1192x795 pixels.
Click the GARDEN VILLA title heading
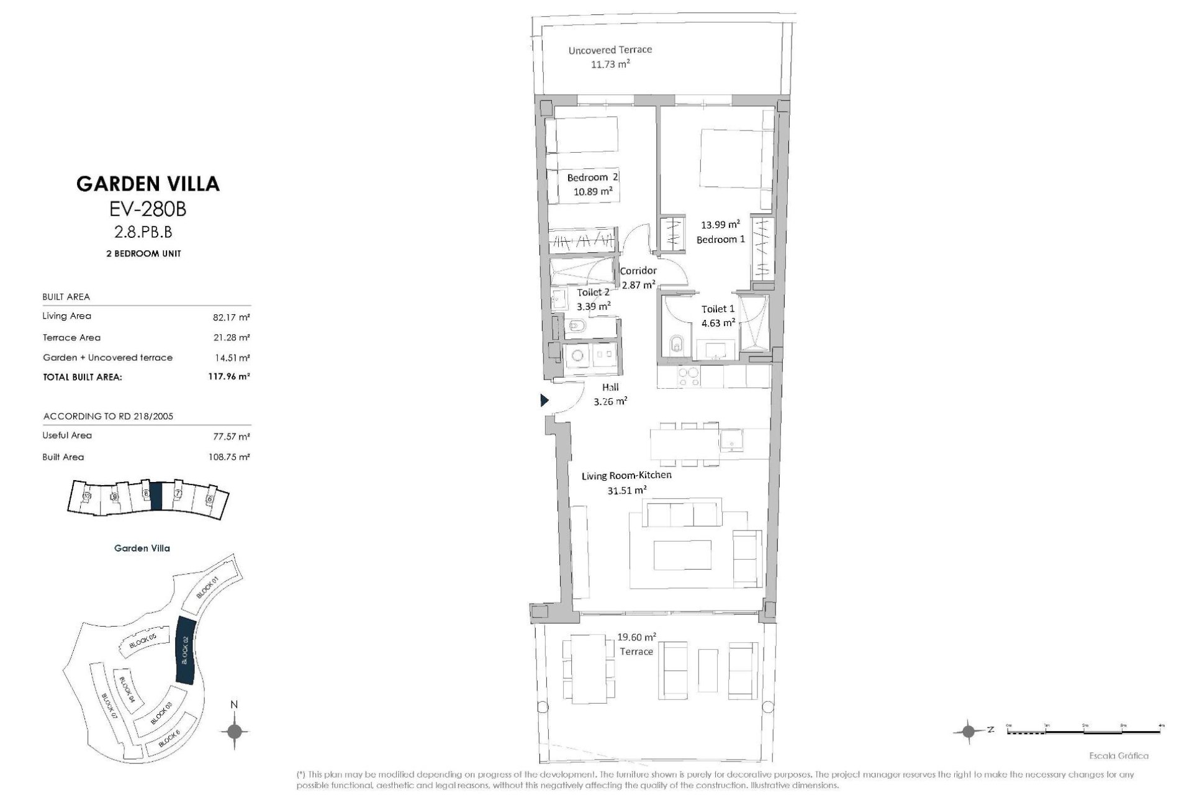coord(148,184)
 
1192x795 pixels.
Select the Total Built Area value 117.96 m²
coord(229,376)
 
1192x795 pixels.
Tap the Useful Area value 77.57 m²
coord(232,436)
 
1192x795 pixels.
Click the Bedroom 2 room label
coord(592,178)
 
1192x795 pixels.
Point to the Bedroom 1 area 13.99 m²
coord(720,225)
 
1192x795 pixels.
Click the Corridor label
coord(638,271)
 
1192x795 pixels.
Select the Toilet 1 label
coord(718,309)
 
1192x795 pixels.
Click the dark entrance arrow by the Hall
coord(544,401)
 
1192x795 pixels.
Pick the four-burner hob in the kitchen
coord(688,377)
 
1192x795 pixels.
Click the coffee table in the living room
coord(682,554)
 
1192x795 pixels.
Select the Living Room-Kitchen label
coord(626,476)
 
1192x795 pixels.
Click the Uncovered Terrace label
coord(610,50)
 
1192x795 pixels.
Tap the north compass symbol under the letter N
coord(234,731)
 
